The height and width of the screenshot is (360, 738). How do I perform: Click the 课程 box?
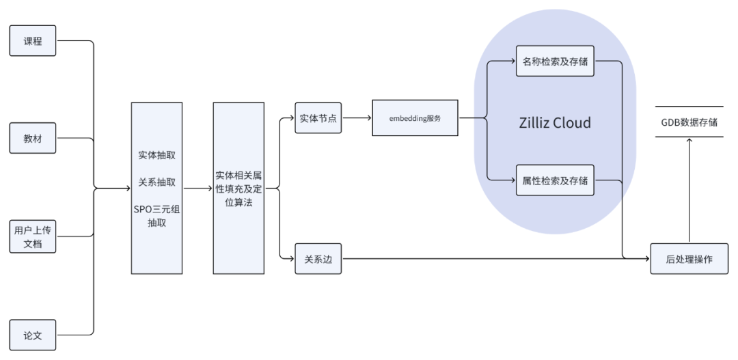coord(32,41)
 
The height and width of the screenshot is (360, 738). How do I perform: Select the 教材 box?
coord(32,139)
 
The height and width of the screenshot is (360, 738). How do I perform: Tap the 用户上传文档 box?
coord(32,236)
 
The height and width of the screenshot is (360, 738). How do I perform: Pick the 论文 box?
coord(32,335)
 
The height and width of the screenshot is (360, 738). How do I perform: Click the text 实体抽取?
coord(156,155)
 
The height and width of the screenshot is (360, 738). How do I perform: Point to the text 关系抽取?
coord(156,182)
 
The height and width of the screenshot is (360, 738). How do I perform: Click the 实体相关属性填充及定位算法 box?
coord(238,188)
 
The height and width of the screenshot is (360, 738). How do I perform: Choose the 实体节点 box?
coord(318,118)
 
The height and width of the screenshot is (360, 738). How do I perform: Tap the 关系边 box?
coord(318,259)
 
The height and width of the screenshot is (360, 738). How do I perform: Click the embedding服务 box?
coord(415,118)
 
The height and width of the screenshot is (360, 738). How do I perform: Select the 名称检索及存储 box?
coord(554,61)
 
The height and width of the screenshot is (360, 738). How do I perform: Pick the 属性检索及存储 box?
coord(554,180)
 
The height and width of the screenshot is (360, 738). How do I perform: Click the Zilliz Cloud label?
coord(554,123)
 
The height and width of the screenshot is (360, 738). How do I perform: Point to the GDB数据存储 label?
coord(689,122)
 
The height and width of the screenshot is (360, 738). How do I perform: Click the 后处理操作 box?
coord(689,259)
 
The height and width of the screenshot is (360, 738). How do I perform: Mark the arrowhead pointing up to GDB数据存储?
coord(689,141)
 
